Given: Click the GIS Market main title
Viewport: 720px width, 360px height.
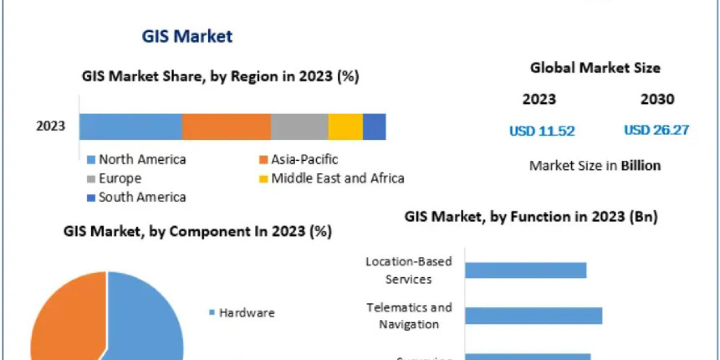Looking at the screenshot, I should click(x=187, y=36).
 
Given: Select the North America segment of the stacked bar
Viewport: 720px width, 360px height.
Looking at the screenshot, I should click(x=130, y=127).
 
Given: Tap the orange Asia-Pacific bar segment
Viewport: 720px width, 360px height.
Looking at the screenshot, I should click(x=226, y=127).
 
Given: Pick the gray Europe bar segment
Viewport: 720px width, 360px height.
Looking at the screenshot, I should click(x=299, y=127).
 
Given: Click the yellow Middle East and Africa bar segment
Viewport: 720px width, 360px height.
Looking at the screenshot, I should click(x=345, y=127).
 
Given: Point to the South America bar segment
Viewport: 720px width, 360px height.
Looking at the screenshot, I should click(x=374, y=127).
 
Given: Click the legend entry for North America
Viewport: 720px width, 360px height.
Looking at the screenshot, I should click(x=142, y=160).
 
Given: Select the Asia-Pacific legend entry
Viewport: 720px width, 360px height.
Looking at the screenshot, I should click(x=304, y=160).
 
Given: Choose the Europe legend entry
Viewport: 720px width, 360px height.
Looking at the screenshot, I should click(x=120, y=178).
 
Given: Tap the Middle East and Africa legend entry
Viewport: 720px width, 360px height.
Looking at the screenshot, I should click(x=337, y=178).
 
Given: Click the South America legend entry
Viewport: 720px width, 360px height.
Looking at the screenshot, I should click(x=142, y=197).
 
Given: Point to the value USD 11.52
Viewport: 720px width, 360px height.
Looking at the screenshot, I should click(x=542, y=131).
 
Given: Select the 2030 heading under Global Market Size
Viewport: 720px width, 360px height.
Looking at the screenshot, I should click(x=657, y=99).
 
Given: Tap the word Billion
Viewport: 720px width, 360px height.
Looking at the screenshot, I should click(x=641, y=166).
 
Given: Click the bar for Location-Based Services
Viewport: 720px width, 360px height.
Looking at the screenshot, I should click(x=526, y=270).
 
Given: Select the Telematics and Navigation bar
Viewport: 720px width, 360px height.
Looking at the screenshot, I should click(x=533, y=316).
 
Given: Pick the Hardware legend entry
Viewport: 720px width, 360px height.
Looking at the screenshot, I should click(x=246, y=313).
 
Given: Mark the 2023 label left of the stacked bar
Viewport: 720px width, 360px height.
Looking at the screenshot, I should click(x=51, y=127).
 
